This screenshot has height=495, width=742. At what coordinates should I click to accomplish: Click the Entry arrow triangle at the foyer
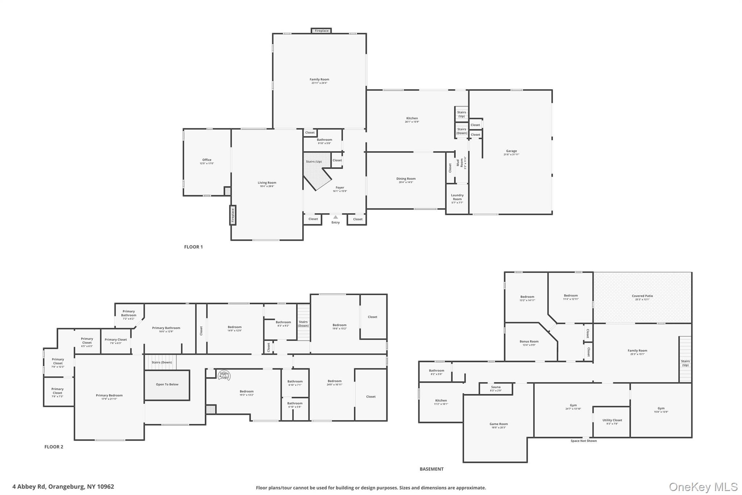click(335, 217)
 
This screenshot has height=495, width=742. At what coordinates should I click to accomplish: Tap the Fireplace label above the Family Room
click(321, 31)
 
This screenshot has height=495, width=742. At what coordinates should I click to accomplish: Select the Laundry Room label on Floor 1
click(457, 197)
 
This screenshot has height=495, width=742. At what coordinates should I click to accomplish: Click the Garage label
click(511, 151)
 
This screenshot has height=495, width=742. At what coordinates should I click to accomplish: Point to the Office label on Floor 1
click(207, 160)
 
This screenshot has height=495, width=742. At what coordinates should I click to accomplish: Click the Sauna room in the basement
click(496, 389)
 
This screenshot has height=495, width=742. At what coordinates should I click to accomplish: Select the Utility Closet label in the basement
click(612, 420)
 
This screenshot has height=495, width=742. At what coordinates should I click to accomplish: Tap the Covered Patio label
click(642, 296)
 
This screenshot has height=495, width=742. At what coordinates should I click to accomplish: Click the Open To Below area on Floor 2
click(167, 384)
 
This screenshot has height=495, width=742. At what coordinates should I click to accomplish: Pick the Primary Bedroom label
click(109, 396)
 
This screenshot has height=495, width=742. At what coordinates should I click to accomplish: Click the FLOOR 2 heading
click(54, 447)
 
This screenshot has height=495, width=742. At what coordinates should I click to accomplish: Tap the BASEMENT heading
click(432, 469)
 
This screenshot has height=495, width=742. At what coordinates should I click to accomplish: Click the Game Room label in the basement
click(499, 424)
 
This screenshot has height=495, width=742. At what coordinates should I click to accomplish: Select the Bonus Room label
click(529, 341)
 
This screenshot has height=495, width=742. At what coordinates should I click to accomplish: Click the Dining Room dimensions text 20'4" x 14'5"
click(406, 182)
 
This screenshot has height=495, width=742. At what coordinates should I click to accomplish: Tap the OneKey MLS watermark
click(703, 487)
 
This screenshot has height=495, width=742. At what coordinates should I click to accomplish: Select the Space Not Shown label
click(583, 441)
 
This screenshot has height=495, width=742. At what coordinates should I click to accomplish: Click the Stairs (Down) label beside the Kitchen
click(462, 131)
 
